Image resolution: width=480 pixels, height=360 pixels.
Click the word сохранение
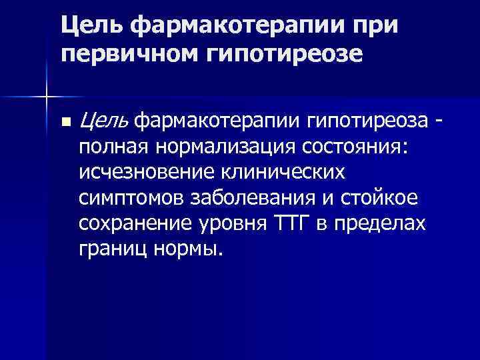pos(136,223)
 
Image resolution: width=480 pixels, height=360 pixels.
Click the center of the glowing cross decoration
pos(46,97)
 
